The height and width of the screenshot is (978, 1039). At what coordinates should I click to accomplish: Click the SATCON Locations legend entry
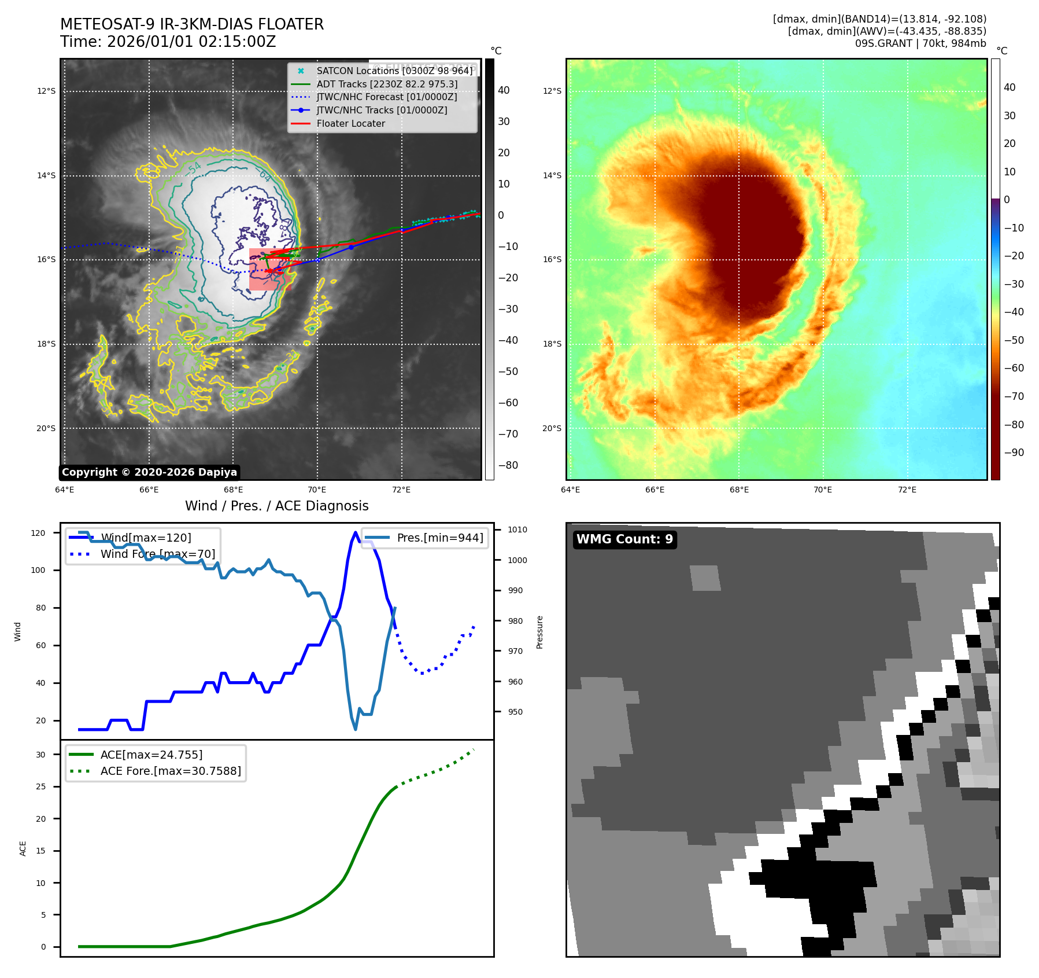pos(394,71)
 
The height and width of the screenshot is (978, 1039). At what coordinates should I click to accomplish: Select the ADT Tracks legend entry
pos(387,84)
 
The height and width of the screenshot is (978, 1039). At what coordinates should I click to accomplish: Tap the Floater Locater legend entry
pos(350,123)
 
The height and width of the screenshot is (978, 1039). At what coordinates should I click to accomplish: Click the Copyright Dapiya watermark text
pos(149,472)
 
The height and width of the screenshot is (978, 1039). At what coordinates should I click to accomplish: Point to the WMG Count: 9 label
pos(624,539)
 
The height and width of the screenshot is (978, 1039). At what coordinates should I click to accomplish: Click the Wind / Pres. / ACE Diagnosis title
pos(276,506)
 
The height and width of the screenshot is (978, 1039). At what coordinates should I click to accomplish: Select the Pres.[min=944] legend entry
pos(439,538)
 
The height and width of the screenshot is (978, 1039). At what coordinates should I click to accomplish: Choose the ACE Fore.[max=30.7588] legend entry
pos(171,771)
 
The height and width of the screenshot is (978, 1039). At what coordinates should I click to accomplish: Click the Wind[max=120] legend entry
pos(146,538)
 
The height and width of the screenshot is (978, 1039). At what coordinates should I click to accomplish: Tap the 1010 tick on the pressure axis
pos(517,530)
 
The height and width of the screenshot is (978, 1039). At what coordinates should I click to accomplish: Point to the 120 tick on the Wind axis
pos(38,533)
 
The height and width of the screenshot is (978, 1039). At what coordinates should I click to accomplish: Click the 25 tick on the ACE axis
pos(40,786)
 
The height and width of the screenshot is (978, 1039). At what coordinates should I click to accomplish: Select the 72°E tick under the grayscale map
pos(401,490)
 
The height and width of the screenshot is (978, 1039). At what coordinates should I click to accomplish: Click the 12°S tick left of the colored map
pos(552,91)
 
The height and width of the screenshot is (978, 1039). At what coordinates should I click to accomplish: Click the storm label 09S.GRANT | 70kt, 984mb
pos(920,43)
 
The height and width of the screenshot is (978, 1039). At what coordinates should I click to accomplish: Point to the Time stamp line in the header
pos(168,42)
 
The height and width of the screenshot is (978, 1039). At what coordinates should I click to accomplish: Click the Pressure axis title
pos(539,632)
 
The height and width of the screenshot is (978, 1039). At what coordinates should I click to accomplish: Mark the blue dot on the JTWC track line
pos(351,247)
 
